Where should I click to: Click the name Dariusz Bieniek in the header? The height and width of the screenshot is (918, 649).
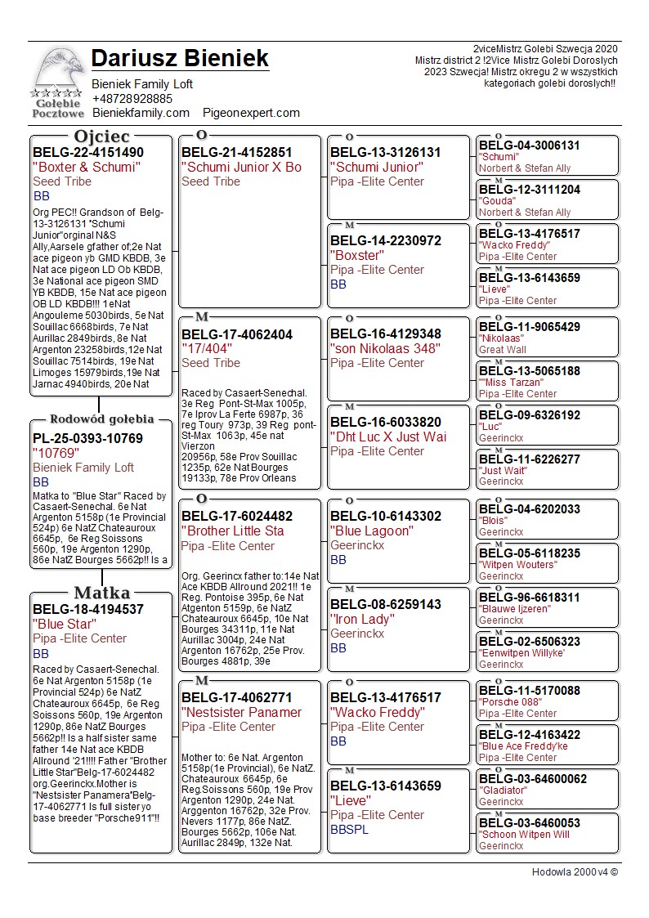[x=180, y=59]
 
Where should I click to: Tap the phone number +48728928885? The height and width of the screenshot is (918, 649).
[x=132, y=98]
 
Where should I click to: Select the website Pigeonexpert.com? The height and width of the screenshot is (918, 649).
[x=252, y=113]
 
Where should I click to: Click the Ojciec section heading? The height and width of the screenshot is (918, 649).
[x=101, y=137]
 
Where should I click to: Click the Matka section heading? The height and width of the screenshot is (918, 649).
[x=101, y=593]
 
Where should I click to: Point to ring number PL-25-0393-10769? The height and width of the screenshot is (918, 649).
[x=87, y=438]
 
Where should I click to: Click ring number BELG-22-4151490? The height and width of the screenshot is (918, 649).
[x=88, y=152]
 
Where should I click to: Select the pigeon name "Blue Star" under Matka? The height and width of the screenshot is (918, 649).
[x=65, y=624]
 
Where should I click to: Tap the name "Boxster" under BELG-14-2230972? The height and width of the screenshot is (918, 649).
[x=357, y=255]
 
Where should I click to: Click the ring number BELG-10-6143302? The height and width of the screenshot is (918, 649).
[x=386, y=516]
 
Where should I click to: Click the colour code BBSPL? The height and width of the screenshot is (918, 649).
[x=349, y=830]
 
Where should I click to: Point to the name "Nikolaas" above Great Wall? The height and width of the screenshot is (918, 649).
[x=501, y=338]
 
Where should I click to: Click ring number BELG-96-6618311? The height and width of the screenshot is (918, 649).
[x=530, y=598]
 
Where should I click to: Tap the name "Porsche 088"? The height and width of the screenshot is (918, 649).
[x=510, y=702]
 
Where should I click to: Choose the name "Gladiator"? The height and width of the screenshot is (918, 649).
[x=501, y=790]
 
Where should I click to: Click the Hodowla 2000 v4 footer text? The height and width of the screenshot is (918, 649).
[x=575, y=871]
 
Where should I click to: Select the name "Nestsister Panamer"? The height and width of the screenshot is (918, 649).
[x=242, y=712]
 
